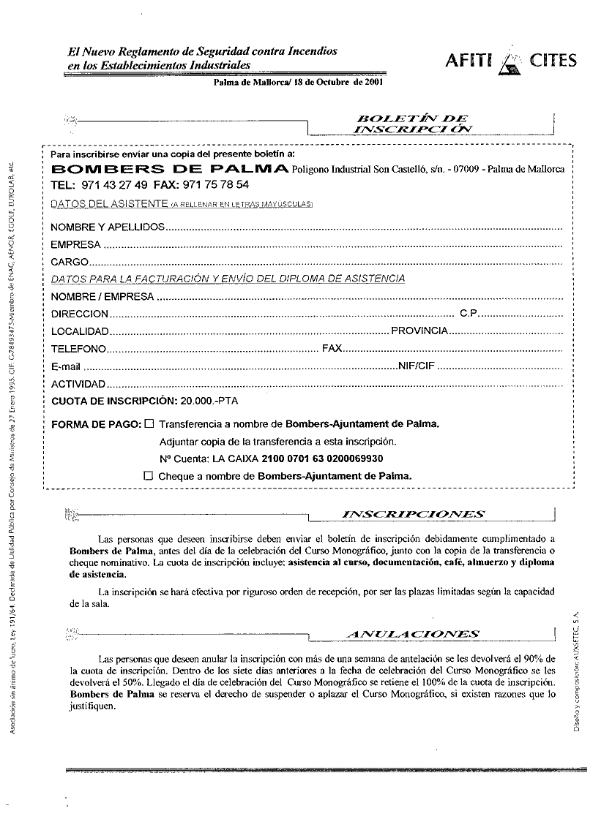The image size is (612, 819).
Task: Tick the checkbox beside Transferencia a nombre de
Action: pyautogui.click(x=149, y=423)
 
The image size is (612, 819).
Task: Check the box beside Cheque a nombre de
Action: pyautogui.click(x=149, y=475)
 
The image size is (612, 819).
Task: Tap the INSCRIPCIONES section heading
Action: pyautogui.click(x=414, y=514)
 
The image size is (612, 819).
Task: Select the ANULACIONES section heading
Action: pyautogui.click(x=414, y=634)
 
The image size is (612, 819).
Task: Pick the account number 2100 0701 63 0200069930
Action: pyautogui.click(x=323, y=458)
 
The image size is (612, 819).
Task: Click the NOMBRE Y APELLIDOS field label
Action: pyautogui.click(x=108, y=227)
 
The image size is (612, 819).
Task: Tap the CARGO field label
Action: pyautogui.click(x=70, y=262)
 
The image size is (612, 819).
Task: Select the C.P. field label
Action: pyautogui.click(x=469, y=314)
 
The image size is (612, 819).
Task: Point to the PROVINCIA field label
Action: pyautogui.click(x=419, y=331)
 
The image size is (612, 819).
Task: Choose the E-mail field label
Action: pyautogui.click(x=65, y=366)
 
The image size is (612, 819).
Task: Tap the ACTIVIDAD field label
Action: pyautogui.click(x=78, y=384)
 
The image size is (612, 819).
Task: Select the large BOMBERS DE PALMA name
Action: pyautogui.click(x=169, y=170)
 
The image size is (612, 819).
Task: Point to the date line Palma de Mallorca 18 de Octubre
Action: pyautogui.click(x=298, y=83)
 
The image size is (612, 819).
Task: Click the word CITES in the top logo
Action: pyautogui.click(x=554, y=61)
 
